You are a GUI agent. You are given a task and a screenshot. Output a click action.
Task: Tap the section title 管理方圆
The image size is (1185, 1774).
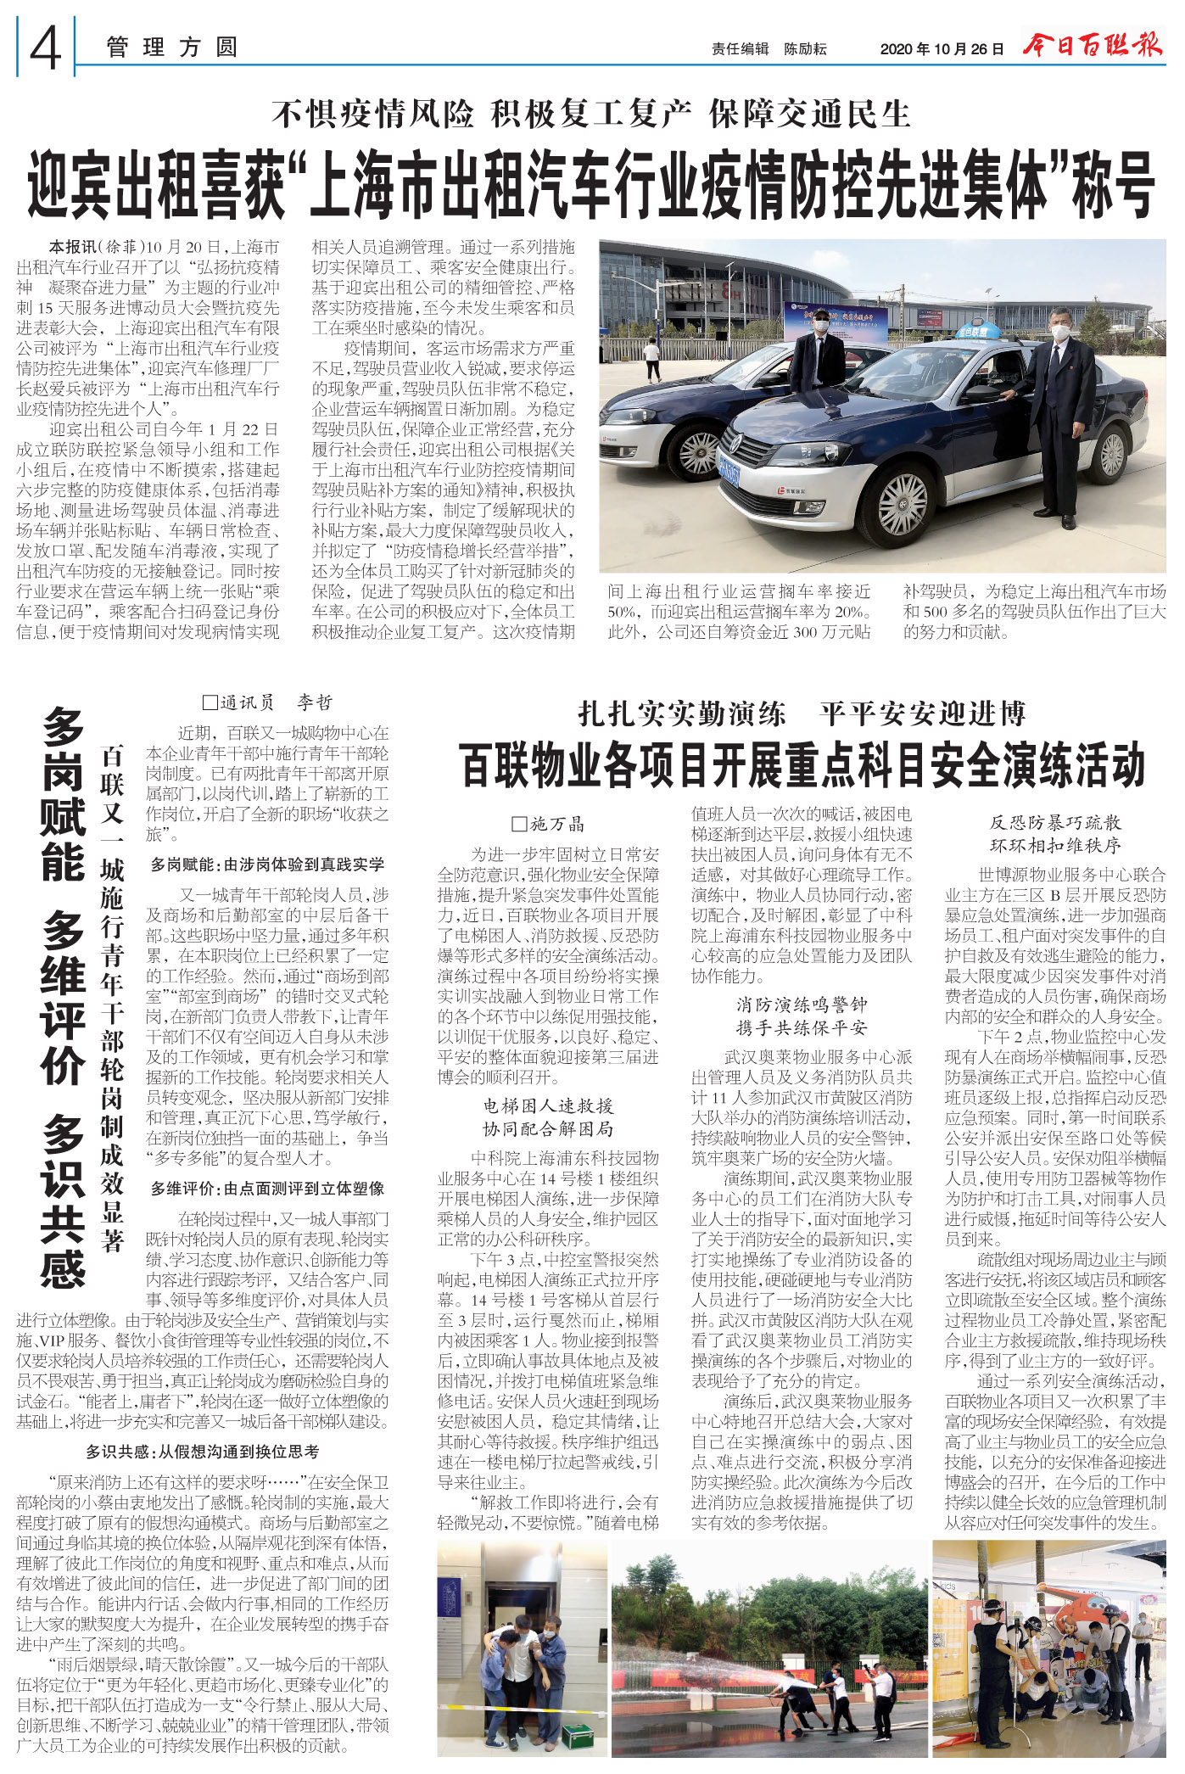click(171, 48)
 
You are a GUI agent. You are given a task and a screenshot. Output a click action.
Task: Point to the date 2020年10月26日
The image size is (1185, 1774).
click(942, 49)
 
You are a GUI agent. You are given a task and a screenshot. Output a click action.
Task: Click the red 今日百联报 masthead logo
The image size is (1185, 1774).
click(1093, 44)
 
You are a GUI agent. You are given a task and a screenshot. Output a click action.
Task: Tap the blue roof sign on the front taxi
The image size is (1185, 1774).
click(977, 332)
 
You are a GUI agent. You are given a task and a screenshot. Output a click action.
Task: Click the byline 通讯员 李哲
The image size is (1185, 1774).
click(268, 702)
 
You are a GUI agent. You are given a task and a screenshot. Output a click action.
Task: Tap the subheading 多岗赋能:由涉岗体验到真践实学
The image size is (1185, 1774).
click(267, 865)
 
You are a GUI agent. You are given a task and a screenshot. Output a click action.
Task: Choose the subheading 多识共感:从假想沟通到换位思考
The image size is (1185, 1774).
click(203, 1452)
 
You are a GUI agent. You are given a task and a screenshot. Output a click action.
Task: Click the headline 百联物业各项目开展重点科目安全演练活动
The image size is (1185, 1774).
click(802, 764)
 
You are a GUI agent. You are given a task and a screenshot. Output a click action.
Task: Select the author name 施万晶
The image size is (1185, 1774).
click(549, 824)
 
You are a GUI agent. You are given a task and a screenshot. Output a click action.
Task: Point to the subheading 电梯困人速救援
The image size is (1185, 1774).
click(548, 1105)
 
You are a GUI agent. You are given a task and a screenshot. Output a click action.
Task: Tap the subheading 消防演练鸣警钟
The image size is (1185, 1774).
click(802, 1005)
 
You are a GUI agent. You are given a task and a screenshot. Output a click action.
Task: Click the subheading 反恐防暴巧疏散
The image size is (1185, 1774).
click(1055, 822)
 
